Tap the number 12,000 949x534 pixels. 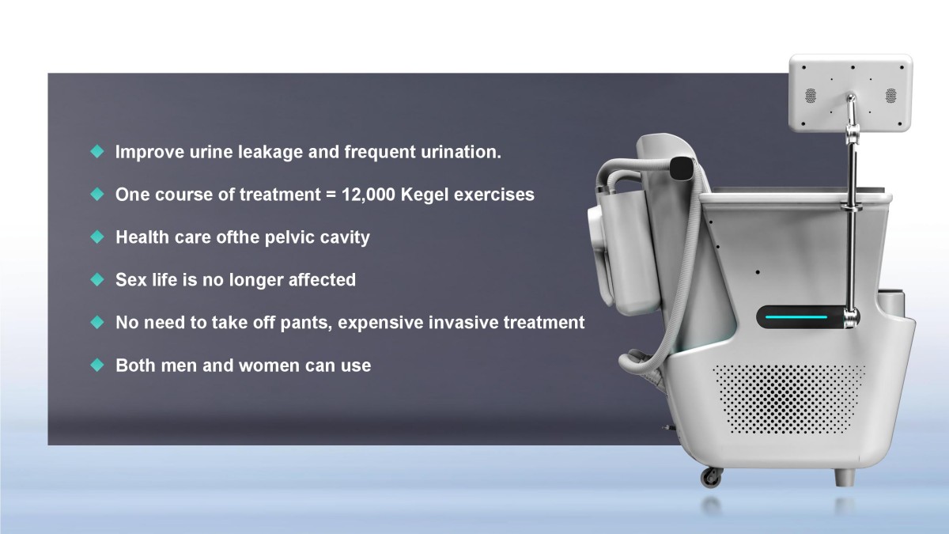[x=369, y=195]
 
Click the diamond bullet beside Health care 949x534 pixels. [x=97, y=237]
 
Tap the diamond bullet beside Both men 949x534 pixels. [x=97, y=365]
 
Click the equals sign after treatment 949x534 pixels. [x=331, y=195]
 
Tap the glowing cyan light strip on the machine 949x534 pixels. [x=796, y=317]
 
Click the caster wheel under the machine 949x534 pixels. [x=710, y=477]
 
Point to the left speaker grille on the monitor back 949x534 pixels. [x=811, y=96]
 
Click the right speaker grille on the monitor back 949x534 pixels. [x=891, y=96]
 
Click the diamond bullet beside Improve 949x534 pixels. [x=97, y=151]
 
